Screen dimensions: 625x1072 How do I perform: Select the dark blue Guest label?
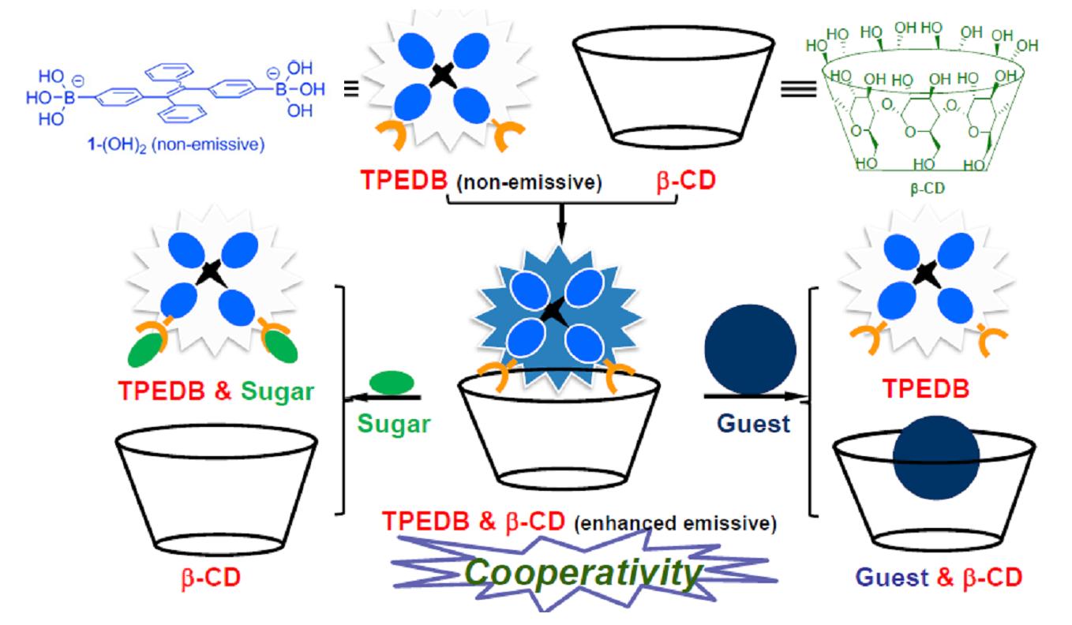click(x=755, y=423)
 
